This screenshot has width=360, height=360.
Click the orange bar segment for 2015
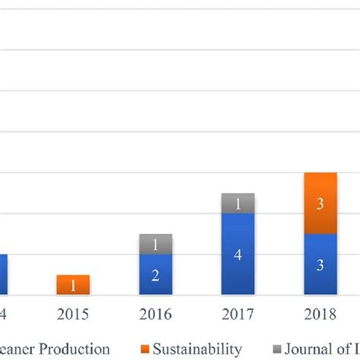click(73, 285)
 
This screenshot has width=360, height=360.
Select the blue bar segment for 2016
click(156, 274)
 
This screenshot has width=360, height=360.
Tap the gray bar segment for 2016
click(156, 245)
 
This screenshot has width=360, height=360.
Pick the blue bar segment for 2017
click(238, 254)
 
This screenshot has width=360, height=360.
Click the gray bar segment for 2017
click(238, 204)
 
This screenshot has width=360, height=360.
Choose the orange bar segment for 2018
click(320, 204)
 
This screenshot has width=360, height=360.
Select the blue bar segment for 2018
click(320, 264)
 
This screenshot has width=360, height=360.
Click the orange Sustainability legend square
click(145, 349)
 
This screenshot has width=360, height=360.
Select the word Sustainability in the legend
click(196, 349)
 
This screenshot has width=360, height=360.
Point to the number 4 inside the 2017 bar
click(238, 255)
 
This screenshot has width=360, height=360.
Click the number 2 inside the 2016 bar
click(156, 275)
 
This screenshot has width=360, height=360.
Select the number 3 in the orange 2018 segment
click(320, 204)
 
